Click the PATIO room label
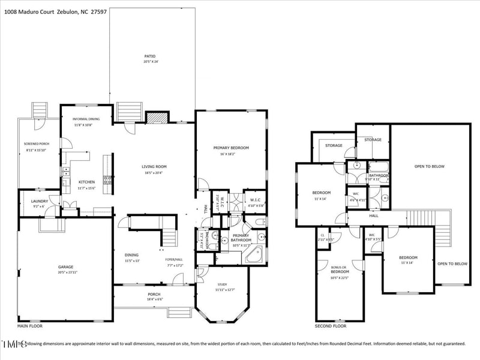point(151,56)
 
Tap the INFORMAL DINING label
point(86,119)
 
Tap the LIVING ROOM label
point(154,166)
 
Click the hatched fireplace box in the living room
point(157,117)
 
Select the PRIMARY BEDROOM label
point(231,148)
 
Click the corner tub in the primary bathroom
point(254,254)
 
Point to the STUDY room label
point(222,285)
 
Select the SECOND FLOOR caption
point(331,326)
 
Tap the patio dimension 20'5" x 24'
point(151,62)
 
